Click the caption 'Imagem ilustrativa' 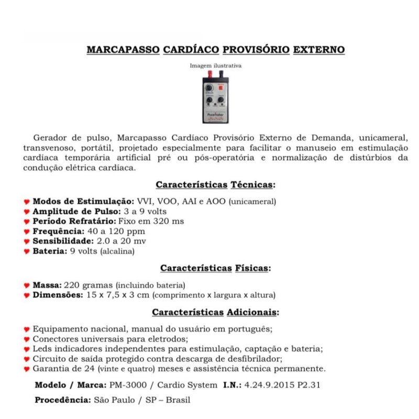pyautogui.click(x=215, y=66)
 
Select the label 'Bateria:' pyautogui.click(x=50, y=251)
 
